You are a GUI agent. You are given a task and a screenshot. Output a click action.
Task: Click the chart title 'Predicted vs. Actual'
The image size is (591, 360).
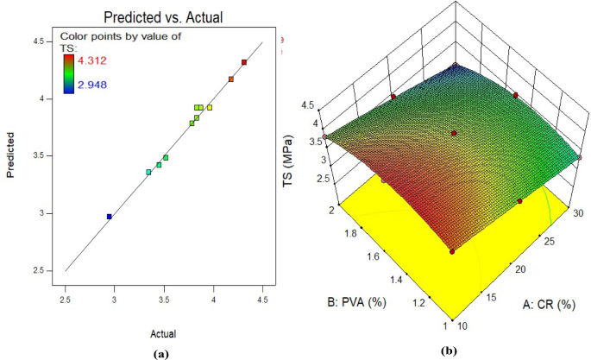point(160,17)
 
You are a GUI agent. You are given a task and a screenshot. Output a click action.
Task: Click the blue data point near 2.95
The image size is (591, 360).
point(109,217)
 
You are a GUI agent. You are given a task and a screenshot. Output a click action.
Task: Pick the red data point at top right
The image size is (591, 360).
point(244,62)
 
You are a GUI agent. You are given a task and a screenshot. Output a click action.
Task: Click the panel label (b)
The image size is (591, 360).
point(446,353)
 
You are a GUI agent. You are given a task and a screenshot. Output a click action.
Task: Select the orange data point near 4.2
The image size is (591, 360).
point(231,79)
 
